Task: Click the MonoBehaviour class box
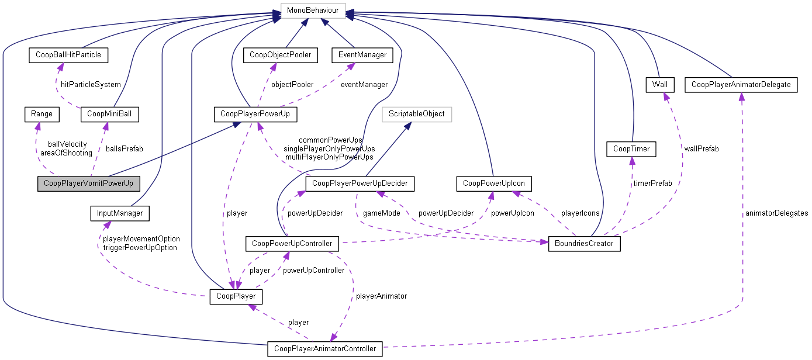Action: [x=313, y=11]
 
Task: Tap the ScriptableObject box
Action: [x=416, y=114]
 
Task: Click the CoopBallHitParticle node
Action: [x=68, y=55]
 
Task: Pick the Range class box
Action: [x=42, y=114]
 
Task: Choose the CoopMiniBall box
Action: [x=109, y=114]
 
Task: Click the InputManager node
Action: [x=119, y=213]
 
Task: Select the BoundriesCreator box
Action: [x=583, y=243]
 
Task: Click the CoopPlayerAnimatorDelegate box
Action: [x=741, y=85]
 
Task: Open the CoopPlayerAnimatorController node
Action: [x=325, y=349]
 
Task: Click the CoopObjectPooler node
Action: [x=281, y=55]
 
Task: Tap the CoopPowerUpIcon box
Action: [x=493, y=184]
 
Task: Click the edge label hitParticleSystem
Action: [x=91, y=85]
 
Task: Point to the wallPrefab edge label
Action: [x=701, y=149]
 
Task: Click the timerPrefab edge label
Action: [x=652, y=184]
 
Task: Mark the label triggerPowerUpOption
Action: [x=140, y=247]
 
